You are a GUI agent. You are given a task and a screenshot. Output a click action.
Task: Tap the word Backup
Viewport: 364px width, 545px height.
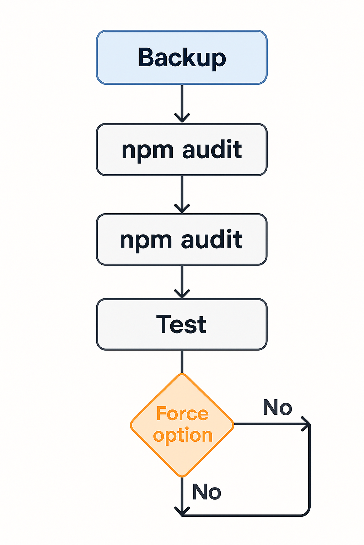[182, 57]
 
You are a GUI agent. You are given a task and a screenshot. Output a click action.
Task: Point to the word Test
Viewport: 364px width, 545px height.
[182, 324]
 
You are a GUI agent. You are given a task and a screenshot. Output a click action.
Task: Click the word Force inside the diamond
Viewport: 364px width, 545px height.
[182, 414]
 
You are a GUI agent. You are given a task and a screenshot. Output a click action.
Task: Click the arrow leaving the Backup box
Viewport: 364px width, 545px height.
[182, 103]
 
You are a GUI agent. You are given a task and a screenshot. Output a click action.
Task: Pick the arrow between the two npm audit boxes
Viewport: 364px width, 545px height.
[182, 194]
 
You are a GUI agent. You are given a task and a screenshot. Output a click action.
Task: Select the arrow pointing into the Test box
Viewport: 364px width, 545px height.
[182, 282]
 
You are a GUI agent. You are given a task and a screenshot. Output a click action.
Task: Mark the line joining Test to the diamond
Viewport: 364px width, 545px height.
[182, 362]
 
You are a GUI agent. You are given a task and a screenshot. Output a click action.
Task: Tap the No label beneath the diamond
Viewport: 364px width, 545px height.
[207, 492]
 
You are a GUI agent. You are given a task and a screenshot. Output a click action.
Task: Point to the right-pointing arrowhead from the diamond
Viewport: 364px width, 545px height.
[306, 424]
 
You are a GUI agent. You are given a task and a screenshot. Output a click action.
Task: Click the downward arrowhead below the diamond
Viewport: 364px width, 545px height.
[182, 511]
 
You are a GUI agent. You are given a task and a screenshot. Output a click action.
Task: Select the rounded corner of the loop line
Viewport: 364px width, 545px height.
[306, 512]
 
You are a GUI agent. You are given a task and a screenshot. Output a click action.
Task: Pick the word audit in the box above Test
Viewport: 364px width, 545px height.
[212, 240]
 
